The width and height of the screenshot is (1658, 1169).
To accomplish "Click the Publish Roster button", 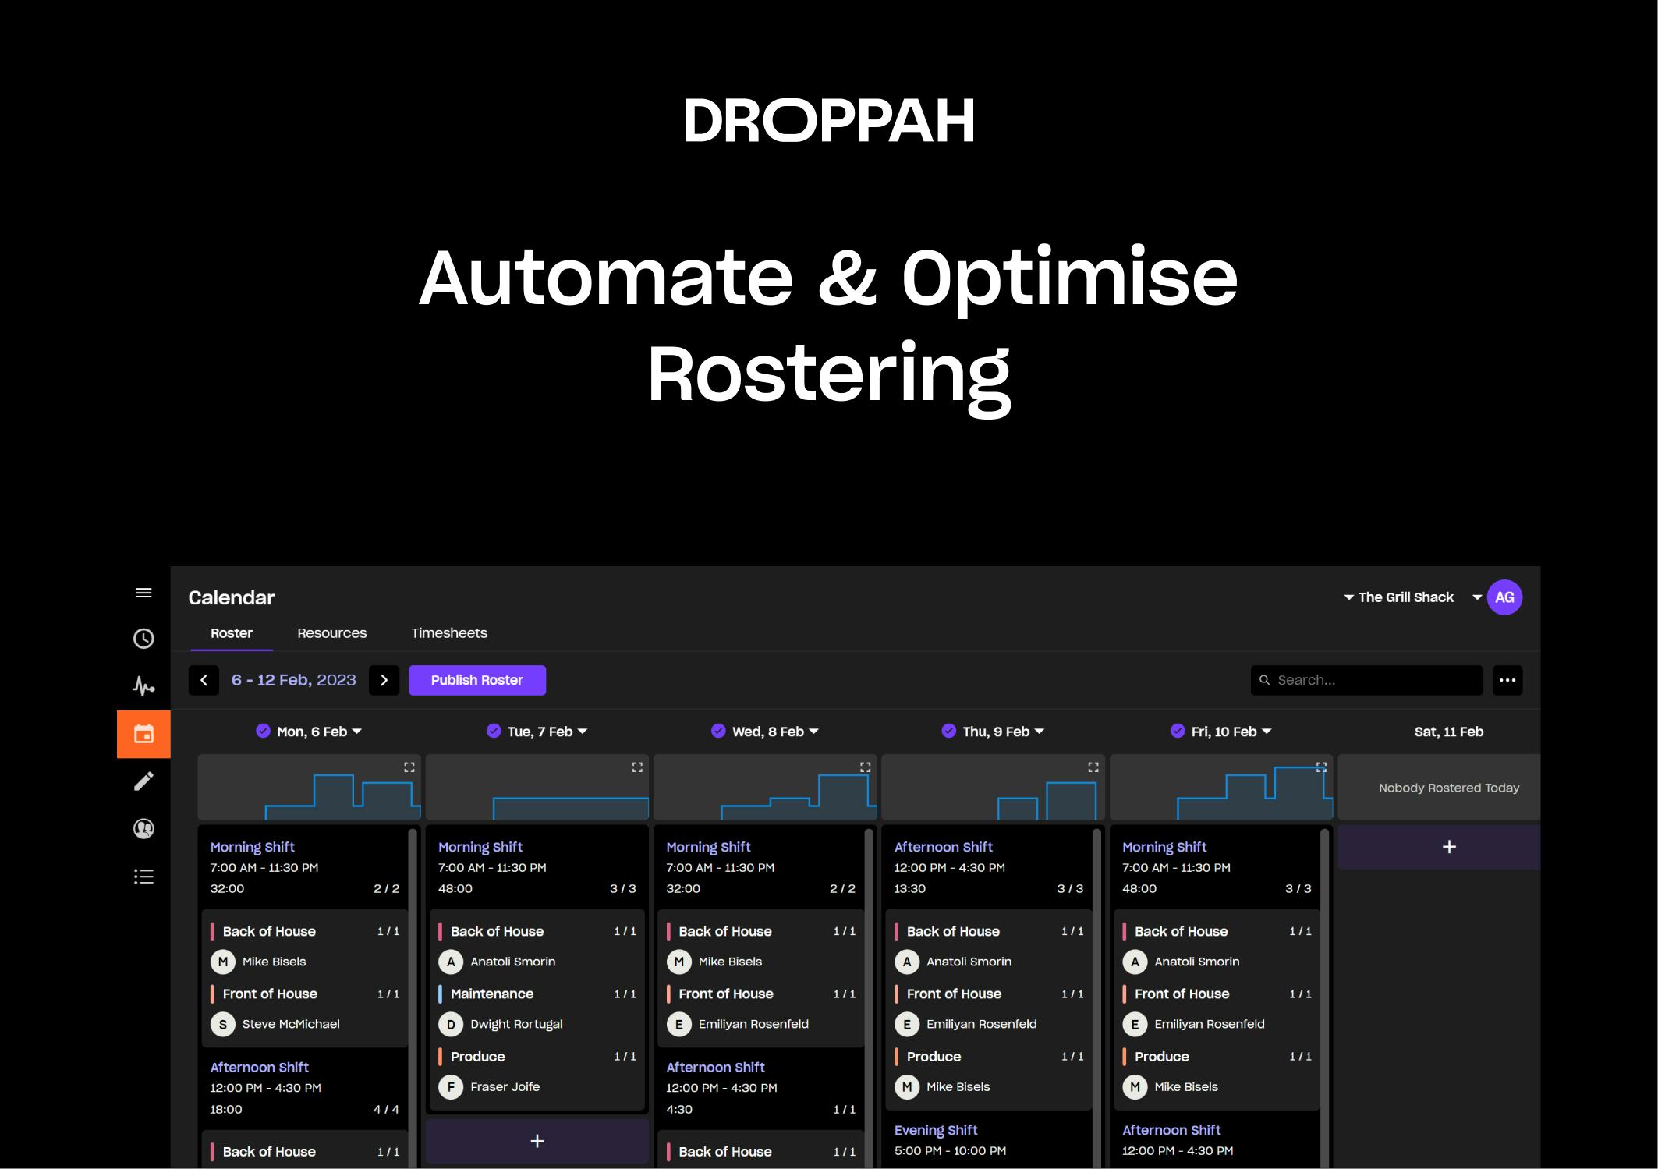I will [x=476, y=680].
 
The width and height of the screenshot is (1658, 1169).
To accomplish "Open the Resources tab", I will [x=331, y=633].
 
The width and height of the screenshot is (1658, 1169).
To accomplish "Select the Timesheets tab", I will [x=449, y=633].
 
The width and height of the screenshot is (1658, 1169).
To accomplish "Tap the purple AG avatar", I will [x=1504, y=597].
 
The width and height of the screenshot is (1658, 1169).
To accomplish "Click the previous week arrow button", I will [x=204, y=680].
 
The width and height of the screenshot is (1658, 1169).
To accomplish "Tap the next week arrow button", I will [x=384, y=680].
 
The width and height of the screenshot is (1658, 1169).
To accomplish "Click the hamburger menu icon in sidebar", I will [x=143, y=593].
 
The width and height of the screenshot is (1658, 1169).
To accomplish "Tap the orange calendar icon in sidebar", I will [x=143, y=734].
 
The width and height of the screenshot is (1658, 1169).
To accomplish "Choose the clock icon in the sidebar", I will [x=143, y=639].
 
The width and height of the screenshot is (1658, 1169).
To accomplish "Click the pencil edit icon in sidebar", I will [x=143, y=781].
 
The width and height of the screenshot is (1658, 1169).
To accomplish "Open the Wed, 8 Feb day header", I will [x=766, y=732].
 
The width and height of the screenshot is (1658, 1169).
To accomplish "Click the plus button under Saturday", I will [x=1448, y=847].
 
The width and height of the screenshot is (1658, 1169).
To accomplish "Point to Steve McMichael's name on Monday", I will [x=290, y=1024].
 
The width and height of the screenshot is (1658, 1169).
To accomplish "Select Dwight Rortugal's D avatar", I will [x=451, y=1024].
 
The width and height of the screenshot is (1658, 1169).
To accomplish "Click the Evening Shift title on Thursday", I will [x=935, y=1130].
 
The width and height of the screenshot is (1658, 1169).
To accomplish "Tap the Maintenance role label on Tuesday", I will [x=491, y=994].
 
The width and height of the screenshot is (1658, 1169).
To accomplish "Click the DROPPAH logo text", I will [x=828, y=121].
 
